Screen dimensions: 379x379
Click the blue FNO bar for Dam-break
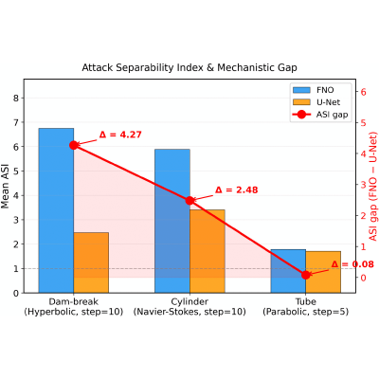coord(56,210)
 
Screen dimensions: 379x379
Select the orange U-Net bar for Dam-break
coord(91,262)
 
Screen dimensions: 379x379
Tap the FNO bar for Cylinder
coord(172,221)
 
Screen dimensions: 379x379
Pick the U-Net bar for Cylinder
coord(208,251)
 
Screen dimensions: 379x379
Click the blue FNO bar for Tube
coord(288,271)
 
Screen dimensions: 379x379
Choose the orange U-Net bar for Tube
coord(323,272)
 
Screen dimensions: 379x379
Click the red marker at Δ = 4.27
coord(74,145)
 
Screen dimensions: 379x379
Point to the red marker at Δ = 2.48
coord(189,201)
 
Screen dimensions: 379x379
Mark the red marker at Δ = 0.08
coord(306,275)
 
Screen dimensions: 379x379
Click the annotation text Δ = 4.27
coord(120,135)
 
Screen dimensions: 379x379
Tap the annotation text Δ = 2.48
coord(237,189)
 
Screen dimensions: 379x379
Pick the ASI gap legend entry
coord(320,115)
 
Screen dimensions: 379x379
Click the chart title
coord(189,67)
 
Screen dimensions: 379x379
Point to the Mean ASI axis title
coord(5,186)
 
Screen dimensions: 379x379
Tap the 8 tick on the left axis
coord(16,98)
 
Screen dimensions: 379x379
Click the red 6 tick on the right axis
coord(363,92)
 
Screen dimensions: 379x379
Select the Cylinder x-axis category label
coord(189,306)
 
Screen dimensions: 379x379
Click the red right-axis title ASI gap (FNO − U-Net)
coord(373,186)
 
